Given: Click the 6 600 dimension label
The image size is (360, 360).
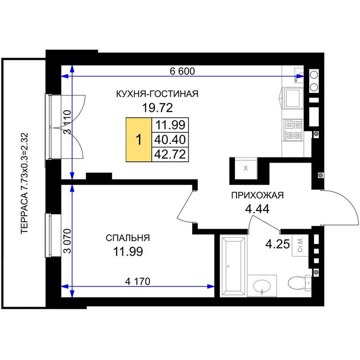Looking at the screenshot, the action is tap(182, 71).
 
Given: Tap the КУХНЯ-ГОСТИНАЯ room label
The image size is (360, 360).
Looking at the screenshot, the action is tap(157, 94).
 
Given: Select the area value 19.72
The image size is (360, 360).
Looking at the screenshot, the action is tap(157, 108).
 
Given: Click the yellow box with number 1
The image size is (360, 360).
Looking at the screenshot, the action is tap(139, 140).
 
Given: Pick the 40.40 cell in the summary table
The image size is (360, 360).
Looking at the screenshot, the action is tap(170, 139).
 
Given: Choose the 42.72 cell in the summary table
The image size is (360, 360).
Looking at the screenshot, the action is tap(170, 154).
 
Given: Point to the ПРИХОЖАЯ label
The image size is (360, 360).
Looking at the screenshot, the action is tap(257, 195).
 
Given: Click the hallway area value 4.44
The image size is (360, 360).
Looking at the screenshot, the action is tap(257, 209).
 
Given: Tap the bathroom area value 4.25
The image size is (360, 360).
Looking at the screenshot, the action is tap(277, 244).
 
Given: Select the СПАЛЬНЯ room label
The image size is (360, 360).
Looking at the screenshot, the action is tap(127, 238).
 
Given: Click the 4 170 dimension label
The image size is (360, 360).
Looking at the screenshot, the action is tap(137, 281).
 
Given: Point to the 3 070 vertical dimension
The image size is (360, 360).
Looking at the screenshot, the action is tap(68, 241).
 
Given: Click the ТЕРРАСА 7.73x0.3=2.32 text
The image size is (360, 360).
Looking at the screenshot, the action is tap(24, 183).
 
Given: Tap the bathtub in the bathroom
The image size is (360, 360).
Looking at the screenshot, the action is tap(233, 266).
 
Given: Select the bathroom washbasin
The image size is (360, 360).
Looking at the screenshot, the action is tap(262, 286).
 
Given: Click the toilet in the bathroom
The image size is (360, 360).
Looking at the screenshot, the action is tap(300, 282).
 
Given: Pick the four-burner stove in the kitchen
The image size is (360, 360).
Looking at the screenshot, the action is tap(293, 129).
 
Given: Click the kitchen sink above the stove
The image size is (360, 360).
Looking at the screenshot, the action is tap(292, 98).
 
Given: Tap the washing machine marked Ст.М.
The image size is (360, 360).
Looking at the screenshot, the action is tap(300, 246).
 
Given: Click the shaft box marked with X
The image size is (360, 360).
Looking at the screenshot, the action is tap(246, 168).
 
